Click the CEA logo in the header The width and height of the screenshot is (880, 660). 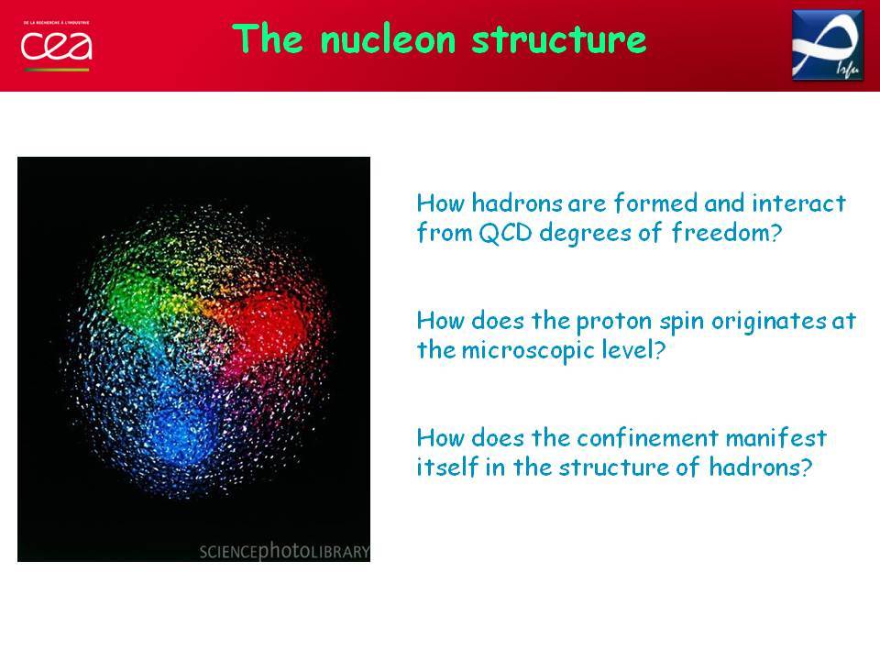point(56,46)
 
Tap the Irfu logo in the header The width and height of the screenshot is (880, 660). point(828,45)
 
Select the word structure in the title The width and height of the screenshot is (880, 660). point(559,39)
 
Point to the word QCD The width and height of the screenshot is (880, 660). point(505,232)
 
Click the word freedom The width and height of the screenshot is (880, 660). point(726,232)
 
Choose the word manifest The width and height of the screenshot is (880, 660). point(776,438)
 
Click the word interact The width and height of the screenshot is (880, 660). point(798,203)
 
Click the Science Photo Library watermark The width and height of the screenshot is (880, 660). point(284,551)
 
